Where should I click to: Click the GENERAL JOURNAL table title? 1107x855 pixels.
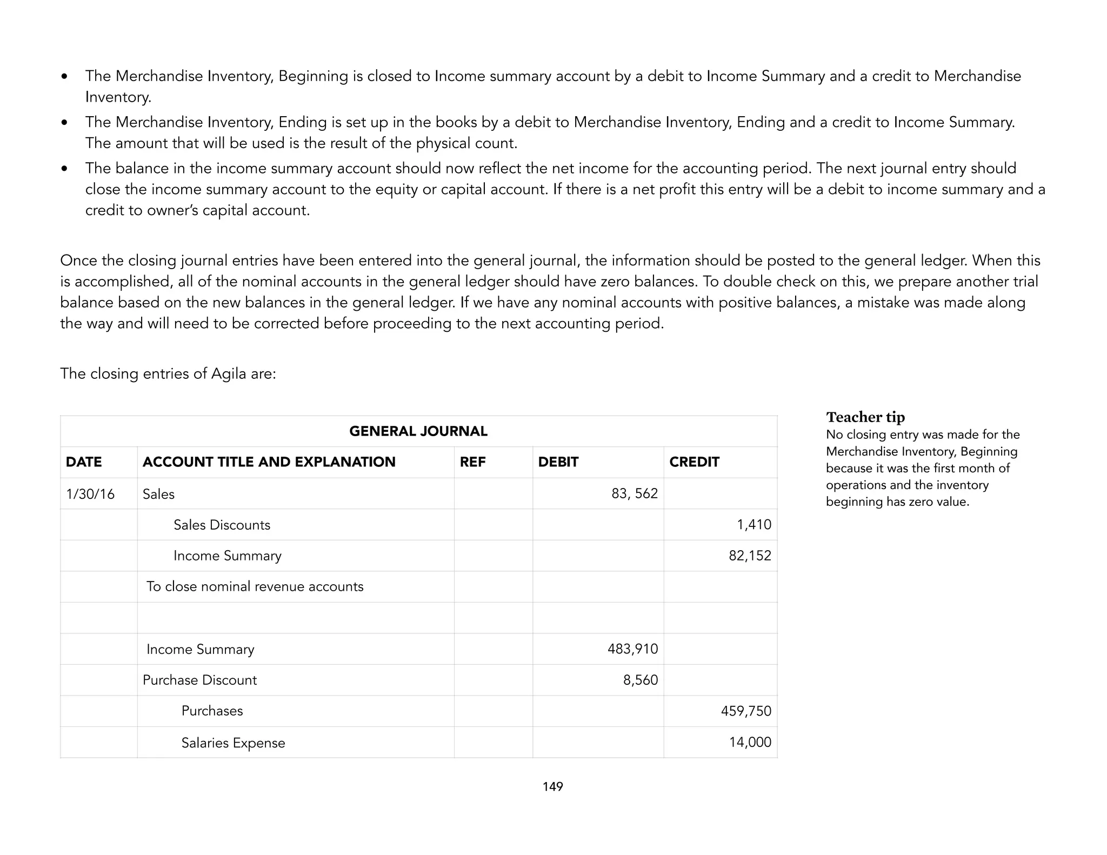click(x=418, y=431)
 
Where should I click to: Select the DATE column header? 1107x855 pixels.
click(x=84, y=462)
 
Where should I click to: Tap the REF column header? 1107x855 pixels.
click(x=472, y=462)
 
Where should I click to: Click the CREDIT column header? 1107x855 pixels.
click(x=694, y=462)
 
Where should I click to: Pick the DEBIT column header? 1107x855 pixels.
click(x=558, y=462)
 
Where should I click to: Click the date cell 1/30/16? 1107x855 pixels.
click(x=90, y=494)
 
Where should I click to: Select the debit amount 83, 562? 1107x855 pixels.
click(x=634, y=493)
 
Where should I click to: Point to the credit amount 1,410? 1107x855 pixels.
click(x=753, y=525)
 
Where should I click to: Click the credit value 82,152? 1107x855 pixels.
click(x=750, y=556)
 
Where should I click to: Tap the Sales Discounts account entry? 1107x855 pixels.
click(x=222, y=525)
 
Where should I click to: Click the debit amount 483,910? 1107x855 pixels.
click(x=632, y=649)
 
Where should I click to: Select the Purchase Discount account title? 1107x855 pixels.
click(x=199, y=680)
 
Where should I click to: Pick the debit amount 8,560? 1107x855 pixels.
click(x=640, y=680)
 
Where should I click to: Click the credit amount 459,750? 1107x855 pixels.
click(x=746, y=711)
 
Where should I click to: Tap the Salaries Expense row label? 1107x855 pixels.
click(x=233, y=743)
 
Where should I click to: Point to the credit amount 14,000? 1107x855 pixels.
click(x=750, y=742)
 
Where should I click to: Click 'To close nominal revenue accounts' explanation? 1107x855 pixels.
click(x=255, y=586)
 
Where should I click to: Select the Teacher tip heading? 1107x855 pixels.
click(x=865, y=417)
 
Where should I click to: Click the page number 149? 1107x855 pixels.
click(x=552, y=786)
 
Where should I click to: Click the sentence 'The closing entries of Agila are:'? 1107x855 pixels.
click(x=168, y=373)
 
